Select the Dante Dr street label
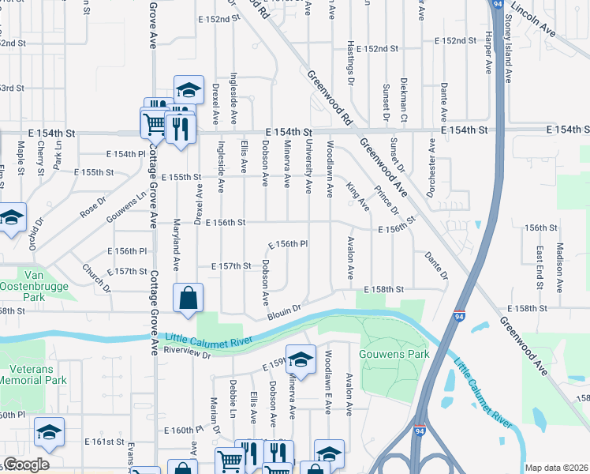pyautogui.click(x=435, y=264)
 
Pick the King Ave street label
pyautogui.click(x=357, y=196)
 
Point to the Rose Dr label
pyautogui.click(x=92, y=208)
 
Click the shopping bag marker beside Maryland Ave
pyautogui.click(x=189, y=299)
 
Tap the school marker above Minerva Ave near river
pyautogui.click(x=301, y=359)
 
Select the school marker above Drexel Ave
pyautogui.click(x=189, y=90)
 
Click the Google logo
pyautogui.click(x=26, y=465)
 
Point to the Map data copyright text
pyautogui.click(x=555, y=468)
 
